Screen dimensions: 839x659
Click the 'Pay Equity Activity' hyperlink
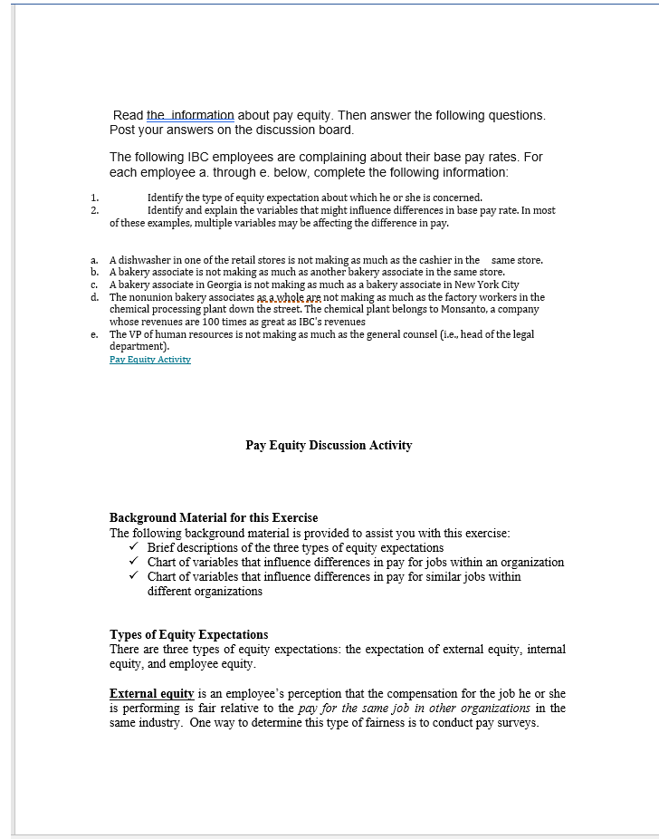click(149, 360)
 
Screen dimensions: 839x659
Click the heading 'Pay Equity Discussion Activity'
click(329, 445)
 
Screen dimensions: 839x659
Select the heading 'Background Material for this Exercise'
click(214, 518)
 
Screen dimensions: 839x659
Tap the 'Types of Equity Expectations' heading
click(188, 634)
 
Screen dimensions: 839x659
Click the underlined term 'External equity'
click(151, 694)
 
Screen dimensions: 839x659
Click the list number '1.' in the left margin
click(94, 198)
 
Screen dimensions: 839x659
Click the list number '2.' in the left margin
click(94, 210)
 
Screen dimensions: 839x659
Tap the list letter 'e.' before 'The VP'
click(95, 334)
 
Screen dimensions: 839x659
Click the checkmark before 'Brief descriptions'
click(135, 547)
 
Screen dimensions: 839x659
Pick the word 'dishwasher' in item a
click(140, 260)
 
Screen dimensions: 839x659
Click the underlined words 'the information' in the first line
click(190, 115)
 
